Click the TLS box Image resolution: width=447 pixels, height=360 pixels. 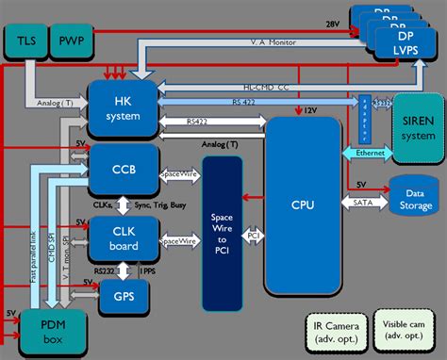pyautogui.click(x=25, y=41)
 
